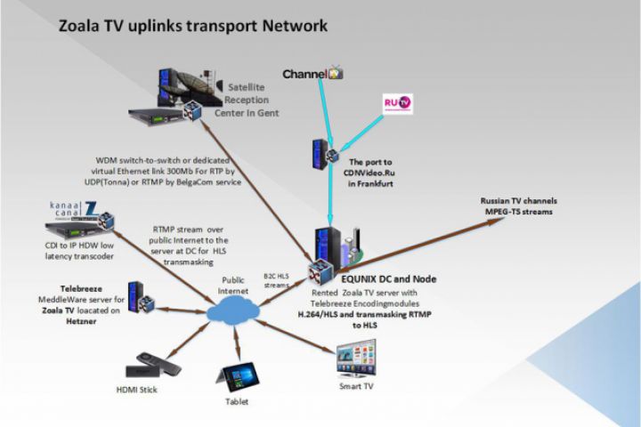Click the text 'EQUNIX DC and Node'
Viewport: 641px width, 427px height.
389,279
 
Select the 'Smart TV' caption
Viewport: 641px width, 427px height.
355,388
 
